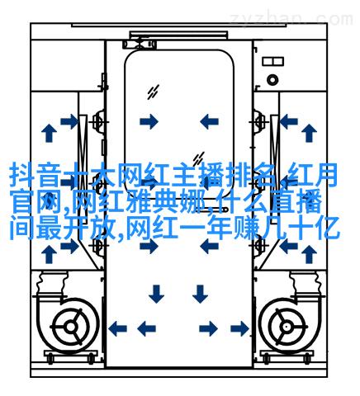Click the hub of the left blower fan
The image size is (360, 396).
point(70,327)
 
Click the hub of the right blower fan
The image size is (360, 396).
point(287,327)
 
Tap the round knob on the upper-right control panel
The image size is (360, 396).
point(272,80)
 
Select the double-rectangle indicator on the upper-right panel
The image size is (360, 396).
point(272,61)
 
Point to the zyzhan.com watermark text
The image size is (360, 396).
point(291,19)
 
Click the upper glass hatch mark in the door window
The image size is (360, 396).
point(153,92)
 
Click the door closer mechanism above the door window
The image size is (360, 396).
point(140,44)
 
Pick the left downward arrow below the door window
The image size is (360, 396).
point(156,294)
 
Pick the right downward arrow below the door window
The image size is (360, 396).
point(200,294)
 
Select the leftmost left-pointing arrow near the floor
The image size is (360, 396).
point(117,328)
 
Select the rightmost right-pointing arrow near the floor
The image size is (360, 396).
point(240,328)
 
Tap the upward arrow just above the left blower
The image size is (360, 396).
point(49,254)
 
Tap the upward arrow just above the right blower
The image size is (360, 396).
point(309,254)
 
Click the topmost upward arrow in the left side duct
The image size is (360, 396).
point(49,133)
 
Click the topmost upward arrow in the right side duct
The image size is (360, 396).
point(309,133)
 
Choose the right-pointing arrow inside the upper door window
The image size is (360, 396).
point(149,121)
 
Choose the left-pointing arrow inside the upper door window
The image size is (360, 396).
point(209,121)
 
